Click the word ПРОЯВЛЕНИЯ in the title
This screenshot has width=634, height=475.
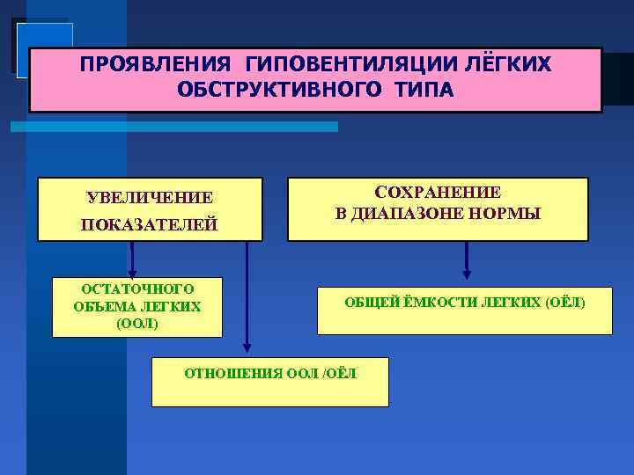(148, 66)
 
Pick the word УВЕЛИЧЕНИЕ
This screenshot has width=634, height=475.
(150, 197)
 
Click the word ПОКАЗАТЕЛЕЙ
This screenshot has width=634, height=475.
(150, 226)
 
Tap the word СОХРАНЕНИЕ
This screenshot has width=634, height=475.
(438, 193)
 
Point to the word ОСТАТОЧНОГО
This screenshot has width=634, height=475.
(137, 289)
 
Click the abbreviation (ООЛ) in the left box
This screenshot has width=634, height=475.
(137, 323)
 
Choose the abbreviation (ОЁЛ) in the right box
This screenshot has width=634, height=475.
(564, 303)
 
